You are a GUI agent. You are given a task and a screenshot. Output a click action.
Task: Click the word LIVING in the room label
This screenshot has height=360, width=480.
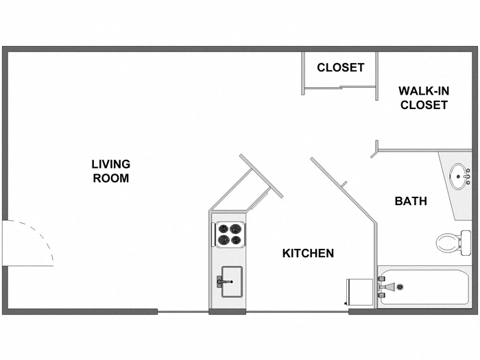(111, 164)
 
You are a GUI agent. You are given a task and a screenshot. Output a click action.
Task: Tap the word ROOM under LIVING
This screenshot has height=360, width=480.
(111, 178)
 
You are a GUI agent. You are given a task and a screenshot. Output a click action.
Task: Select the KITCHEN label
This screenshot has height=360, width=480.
(308, 253)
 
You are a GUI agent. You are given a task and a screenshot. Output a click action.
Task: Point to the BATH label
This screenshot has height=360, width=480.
(411, 201)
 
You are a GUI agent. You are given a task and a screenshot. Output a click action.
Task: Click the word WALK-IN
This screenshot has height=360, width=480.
(424, 91)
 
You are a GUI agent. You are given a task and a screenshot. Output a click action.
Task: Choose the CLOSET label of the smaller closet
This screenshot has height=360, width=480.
(340, 67)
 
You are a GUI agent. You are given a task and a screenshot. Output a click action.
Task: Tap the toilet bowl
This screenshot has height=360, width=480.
(447, 242)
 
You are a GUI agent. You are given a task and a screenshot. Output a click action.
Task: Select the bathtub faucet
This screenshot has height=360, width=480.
(385, 286)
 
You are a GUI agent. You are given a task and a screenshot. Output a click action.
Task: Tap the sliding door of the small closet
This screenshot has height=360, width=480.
(339, 87)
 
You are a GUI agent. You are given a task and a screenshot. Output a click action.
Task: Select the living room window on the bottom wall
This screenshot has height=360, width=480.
(183, 312)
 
